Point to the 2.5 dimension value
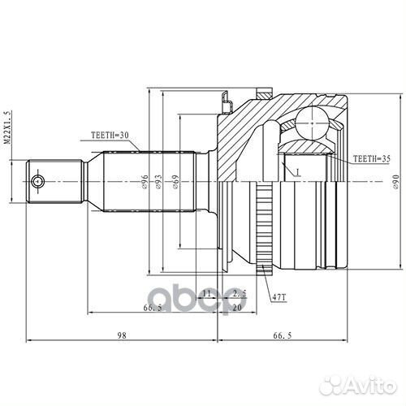click(x=240, y=292)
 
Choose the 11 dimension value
click(x=207, y=292)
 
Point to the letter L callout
click(x=297, y=172)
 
